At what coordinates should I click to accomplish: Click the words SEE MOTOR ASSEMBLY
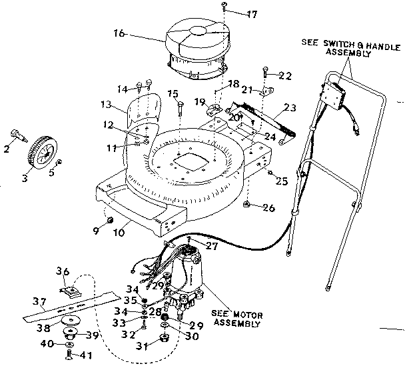point(236,319)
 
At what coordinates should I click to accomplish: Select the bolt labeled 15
point(181,107)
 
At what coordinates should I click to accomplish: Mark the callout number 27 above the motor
point(212,246)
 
